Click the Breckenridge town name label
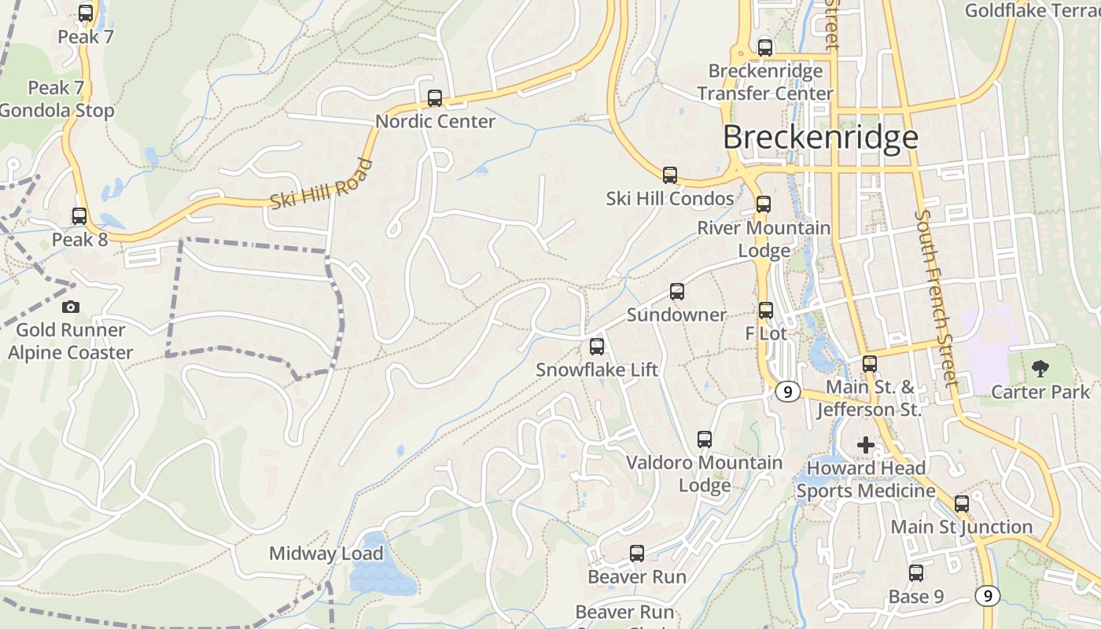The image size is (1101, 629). click(x=820, y=137)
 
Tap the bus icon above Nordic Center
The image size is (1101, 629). click(x=435, y=98)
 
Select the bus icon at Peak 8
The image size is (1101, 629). click(x=79, y=216)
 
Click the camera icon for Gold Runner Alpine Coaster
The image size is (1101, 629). click(x=71, y=307)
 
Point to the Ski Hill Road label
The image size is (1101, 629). click(x=320, y=184)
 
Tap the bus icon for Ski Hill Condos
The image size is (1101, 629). click(x=670, y=175)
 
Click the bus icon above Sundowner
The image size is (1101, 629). click(x=677, y=292)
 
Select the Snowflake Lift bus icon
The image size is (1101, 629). click(x=597, y=347)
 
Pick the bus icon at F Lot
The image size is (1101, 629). click(x=766, y=311)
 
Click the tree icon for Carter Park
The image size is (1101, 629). click(x=1040, y=368)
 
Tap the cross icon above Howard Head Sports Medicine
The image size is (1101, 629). click(x=865, y=445)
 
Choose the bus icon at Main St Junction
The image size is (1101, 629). click(x=962, y=504)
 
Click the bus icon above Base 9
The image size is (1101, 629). click(x=916, y=573)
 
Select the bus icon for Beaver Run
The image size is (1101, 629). click(x=637, y=554)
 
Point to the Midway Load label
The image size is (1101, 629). click(x=326, y=554)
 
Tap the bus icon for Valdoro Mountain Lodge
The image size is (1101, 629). click(x=705, y=440)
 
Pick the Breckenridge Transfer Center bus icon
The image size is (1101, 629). click(x=765, y=47)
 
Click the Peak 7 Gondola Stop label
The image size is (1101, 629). click(x=57, y=99)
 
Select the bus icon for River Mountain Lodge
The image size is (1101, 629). click(x=764, y=204)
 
